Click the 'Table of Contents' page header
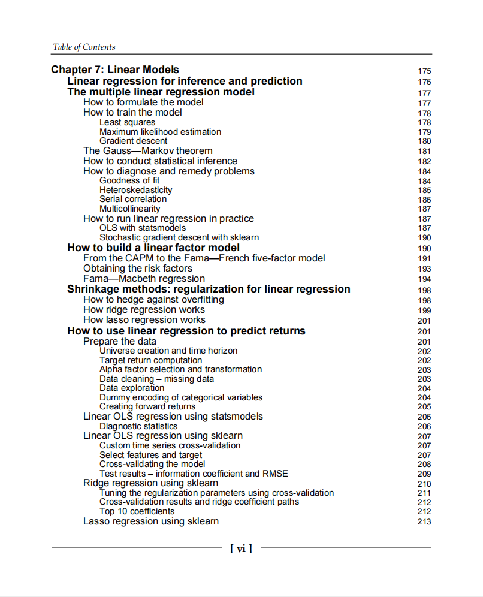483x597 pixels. (x=84, y=47)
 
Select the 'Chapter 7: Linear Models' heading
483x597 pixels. (x=114, y=70)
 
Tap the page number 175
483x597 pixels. (x=424, y=71)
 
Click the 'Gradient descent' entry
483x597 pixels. (x=133, y=141)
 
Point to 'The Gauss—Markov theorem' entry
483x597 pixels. (x=147, y=151)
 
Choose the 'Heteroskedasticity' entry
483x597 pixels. (x=135, y=190)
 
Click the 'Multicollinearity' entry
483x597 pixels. (x=129, y=209)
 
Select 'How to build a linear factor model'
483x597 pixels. (x=153, y=248)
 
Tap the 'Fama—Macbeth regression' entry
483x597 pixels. (x=144, y=279)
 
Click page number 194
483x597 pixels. (x=424, y=279)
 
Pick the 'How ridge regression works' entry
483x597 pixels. (x=144, y=310)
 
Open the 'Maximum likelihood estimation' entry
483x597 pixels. (x=160, y=132)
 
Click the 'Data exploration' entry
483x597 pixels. (x=131, y=388)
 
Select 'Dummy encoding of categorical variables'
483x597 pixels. (x=180, y=397)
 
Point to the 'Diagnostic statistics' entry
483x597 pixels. (x=138, y=426)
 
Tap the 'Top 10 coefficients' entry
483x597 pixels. (x=137, y=511)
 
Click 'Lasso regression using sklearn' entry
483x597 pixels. (x=150, y=521)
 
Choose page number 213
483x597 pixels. (x=424, y=522)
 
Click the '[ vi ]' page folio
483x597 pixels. (x=241, y=548)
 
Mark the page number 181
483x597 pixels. (x=424, y=152)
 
